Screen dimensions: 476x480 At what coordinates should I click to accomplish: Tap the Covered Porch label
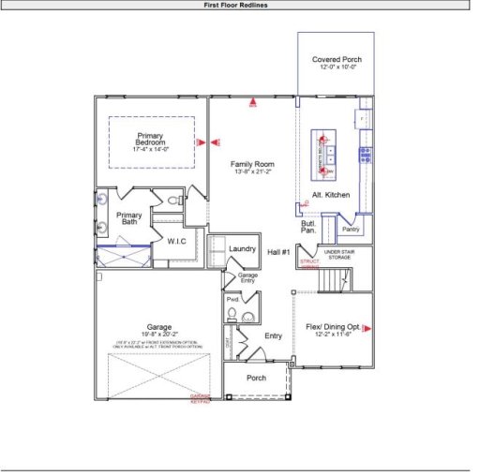click(x=337, y=60)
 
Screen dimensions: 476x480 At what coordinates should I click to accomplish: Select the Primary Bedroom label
click(x=151, y=139)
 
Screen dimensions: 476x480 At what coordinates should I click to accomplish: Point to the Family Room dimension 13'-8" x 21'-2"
click(x=252, y=172)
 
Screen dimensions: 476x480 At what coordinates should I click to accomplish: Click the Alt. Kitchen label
click(x=331, y=194)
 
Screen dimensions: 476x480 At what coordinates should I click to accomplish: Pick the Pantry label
click(x=351, y=229)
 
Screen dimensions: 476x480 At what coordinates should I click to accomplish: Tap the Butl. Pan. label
click(x=307, y=227)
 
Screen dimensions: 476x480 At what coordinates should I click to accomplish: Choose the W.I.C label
click(x=177, y=242)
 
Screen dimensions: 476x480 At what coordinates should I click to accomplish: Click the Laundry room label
click(x=242, y=248)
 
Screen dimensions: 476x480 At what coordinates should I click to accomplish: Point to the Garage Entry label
click(x=247, y=276)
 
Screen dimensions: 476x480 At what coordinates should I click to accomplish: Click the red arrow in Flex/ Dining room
click(x=367, y=328)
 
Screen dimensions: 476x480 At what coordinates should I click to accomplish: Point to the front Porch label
click(x=256, y=379)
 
